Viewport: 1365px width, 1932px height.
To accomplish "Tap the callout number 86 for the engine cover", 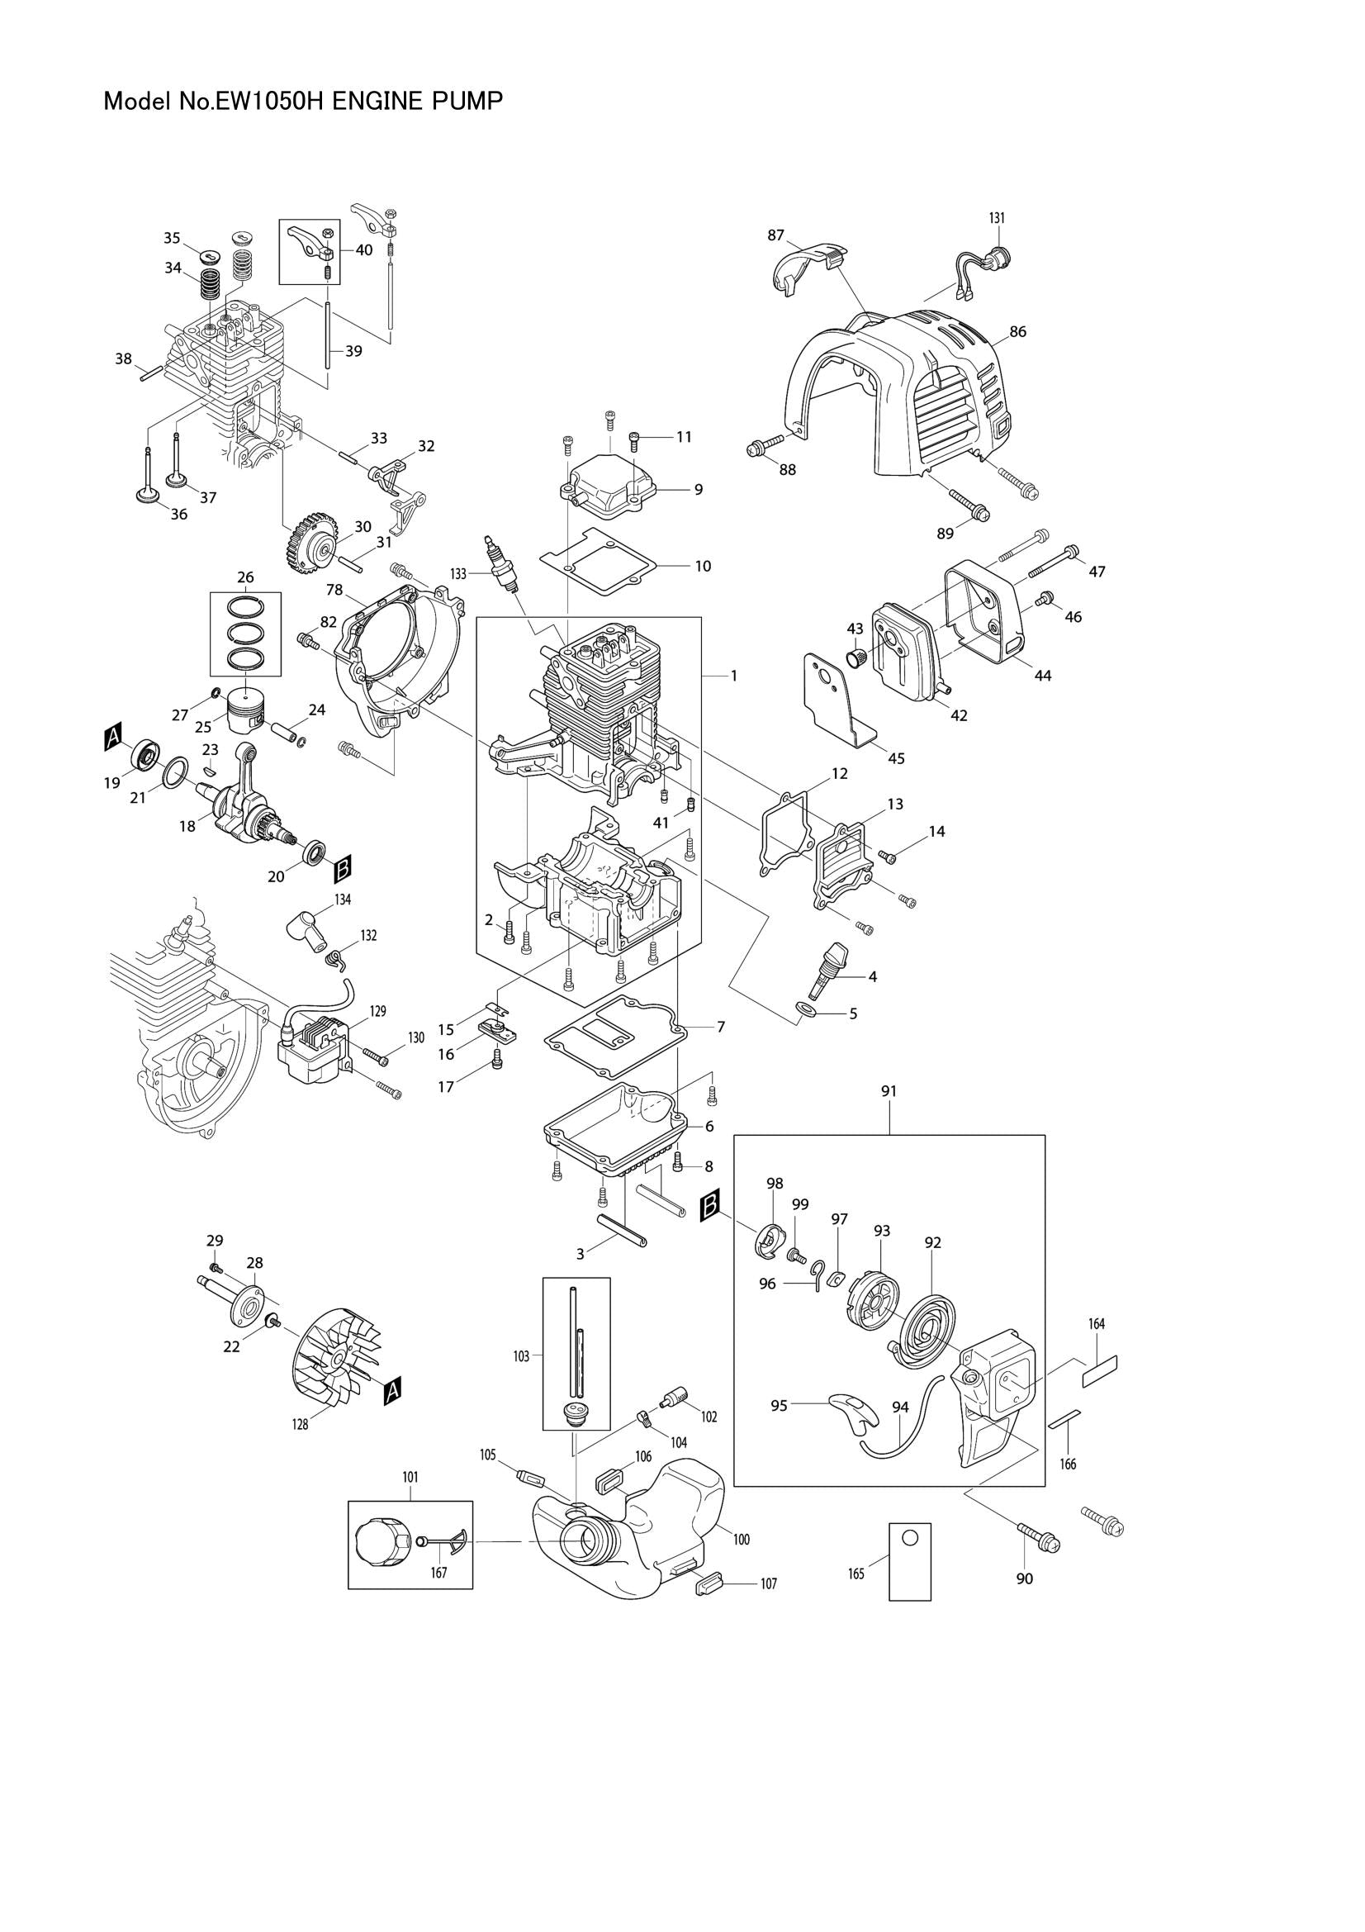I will coord(1017,331).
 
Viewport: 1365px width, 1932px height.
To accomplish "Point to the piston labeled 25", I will coord(246,714).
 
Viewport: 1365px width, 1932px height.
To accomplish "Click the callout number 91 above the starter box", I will coord(889,1090).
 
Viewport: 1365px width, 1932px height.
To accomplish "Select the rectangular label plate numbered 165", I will coord(910,1561).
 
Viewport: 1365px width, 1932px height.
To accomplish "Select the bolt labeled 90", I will coord(1039,1537).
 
